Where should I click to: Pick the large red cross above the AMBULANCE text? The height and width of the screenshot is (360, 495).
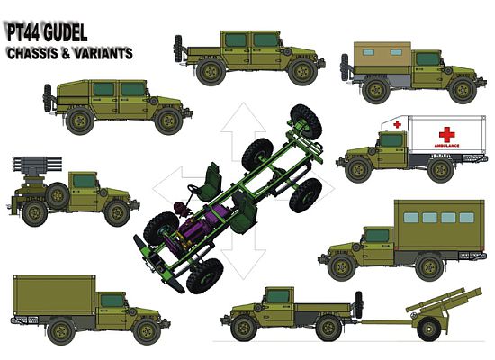(x=446, y=133)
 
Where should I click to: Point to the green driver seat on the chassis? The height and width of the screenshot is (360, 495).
(x=212, y=176)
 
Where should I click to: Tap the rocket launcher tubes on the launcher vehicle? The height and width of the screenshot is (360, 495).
(x=33, y=167)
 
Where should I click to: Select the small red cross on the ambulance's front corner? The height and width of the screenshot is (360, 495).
(x=396, y=124)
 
